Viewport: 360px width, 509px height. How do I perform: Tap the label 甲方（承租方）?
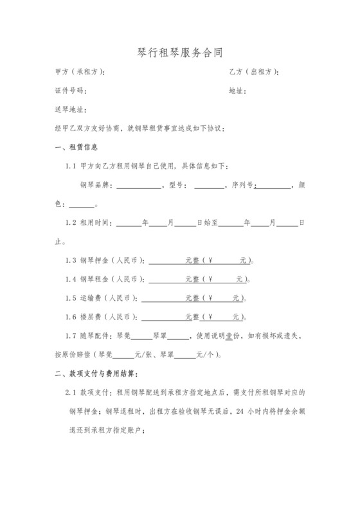click(80, 72)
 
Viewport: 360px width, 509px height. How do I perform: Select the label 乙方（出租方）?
click(254, 72)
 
